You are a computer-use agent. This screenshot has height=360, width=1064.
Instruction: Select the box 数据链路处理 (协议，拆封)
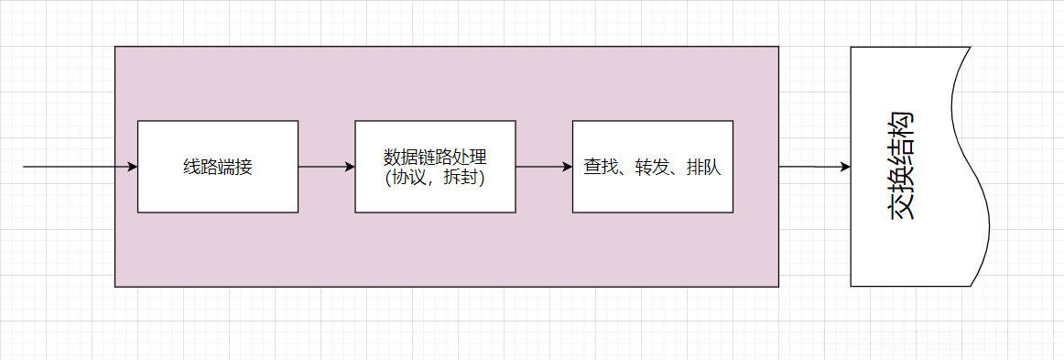[x=435, y=197]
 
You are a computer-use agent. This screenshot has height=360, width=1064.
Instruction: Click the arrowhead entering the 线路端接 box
[x=132, y=167]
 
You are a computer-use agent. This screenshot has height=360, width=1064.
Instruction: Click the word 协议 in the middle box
[x=408, y=178]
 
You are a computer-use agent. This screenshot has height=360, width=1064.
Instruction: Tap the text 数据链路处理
[x=435, y=156]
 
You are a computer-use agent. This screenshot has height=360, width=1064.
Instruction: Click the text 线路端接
[x=217, y=168]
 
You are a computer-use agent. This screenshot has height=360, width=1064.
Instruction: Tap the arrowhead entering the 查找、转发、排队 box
[x=567, y=167]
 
